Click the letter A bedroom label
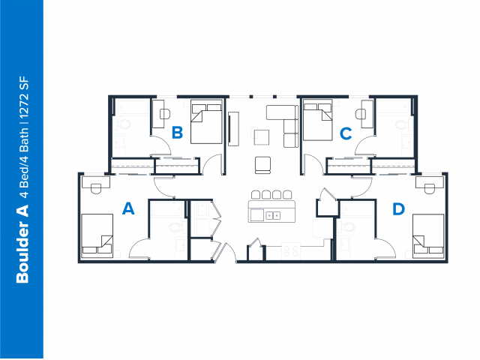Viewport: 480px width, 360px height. click(128, 208)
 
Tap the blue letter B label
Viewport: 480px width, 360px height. click(178, 133)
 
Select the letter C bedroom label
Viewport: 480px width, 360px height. click(346, 133)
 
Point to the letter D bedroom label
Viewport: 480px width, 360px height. click(398, 208)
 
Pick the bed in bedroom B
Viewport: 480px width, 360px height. click(206, 121)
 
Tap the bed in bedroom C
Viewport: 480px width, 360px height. click(317, 120)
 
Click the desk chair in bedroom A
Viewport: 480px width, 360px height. click(96, 188)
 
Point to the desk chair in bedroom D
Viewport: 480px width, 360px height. click(430, 188)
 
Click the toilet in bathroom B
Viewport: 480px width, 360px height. click(124, 124)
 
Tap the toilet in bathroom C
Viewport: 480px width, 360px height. click(401, 124)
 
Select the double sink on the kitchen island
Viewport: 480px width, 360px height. click(272, 215)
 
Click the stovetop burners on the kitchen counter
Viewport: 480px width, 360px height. click(291, 250)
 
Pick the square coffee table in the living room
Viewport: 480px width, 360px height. click(262, 137)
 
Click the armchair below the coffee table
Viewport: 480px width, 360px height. click(263, 165)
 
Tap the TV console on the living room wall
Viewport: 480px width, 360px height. click(233, 129)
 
